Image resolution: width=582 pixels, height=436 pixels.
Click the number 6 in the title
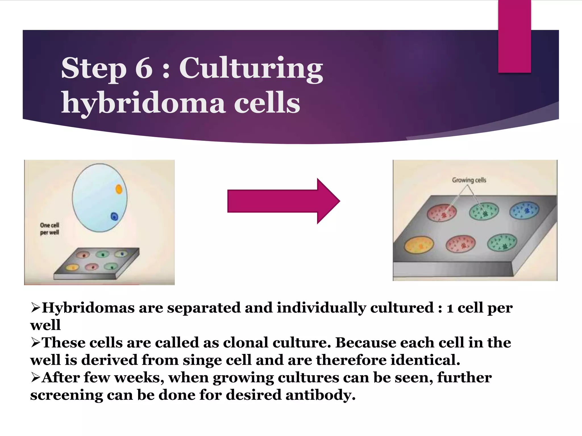pos(144,68)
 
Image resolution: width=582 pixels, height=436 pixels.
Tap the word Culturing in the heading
pos(251,68)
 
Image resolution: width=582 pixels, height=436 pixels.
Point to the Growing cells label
pos(469,180)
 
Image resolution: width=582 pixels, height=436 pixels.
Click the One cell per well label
pos(49,229)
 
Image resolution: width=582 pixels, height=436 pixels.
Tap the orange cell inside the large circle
pos(119,189)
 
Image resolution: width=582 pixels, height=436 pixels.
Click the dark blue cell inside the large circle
pos(114,217)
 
